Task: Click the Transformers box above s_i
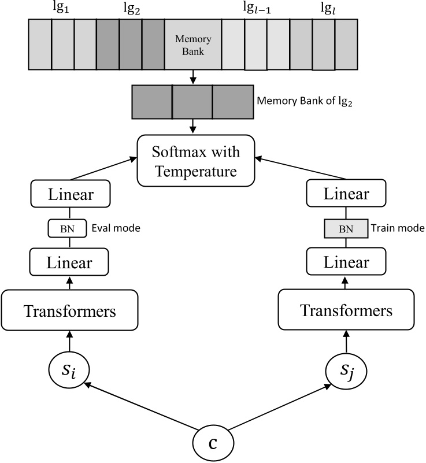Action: pyautogui.click(x=69, y=311)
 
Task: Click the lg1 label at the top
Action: pyautogui.click(x=63, y=9)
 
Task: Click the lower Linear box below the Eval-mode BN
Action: pyautogui.click(x=69, y=263)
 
